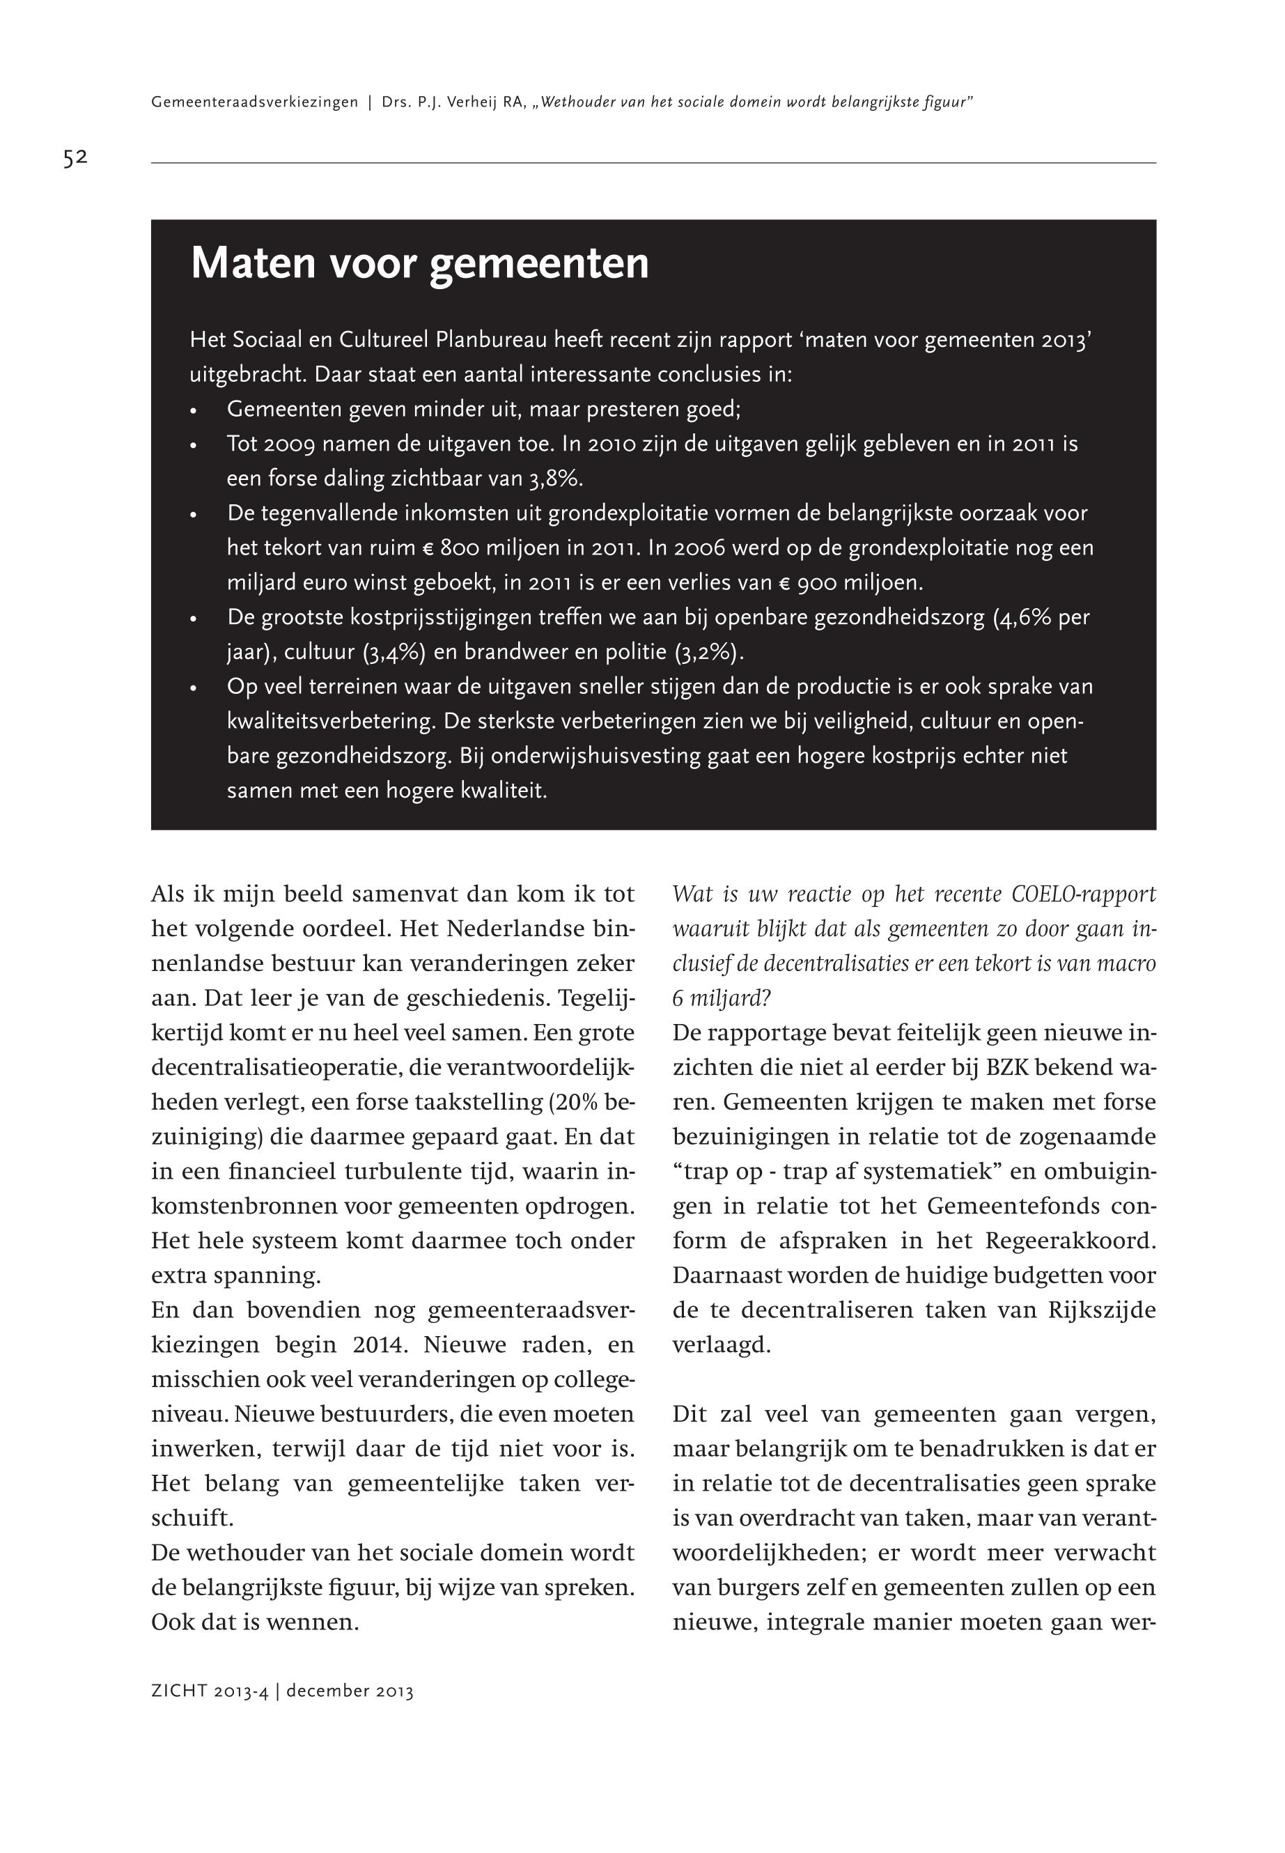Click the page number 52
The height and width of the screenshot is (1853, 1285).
click(x=75, y=158)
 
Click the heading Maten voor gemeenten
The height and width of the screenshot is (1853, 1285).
click(x=419, y=263)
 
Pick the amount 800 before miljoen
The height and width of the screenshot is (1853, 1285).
click(x=460, y=548)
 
